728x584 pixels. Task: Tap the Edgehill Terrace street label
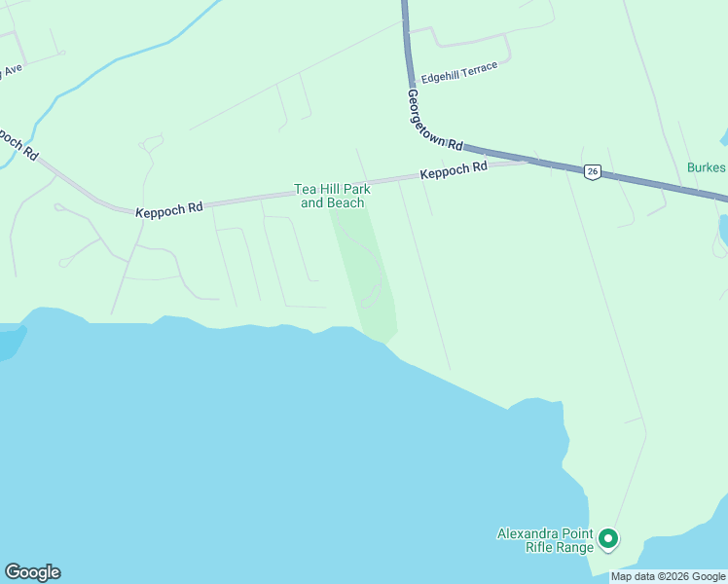459,72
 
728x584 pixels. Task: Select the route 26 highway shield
592,171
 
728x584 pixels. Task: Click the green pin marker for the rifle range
608,537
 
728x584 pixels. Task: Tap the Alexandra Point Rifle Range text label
545,540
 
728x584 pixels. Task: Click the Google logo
32,572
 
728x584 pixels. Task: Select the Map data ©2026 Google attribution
668,576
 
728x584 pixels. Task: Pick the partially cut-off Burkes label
707,167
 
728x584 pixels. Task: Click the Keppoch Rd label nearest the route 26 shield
454,172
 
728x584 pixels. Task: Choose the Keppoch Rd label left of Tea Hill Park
169,208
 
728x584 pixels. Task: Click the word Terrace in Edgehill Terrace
480,68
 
